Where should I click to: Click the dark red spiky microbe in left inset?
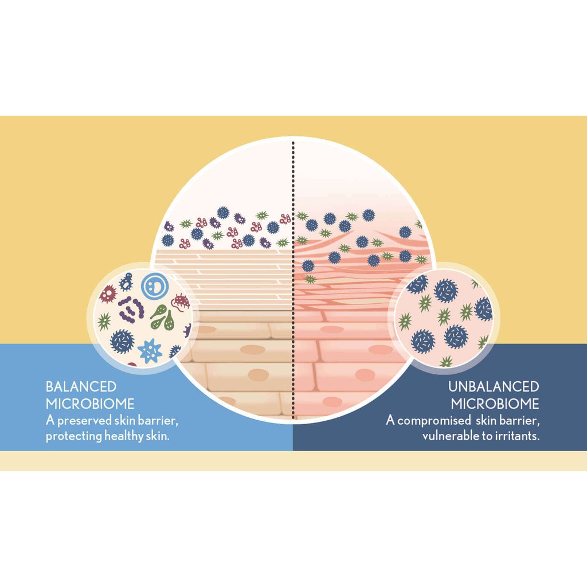click(108, 294)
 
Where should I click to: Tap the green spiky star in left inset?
click(104, 321)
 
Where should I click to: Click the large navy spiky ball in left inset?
click(122, 341)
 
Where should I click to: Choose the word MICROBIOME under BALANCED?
click(90, 404)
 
